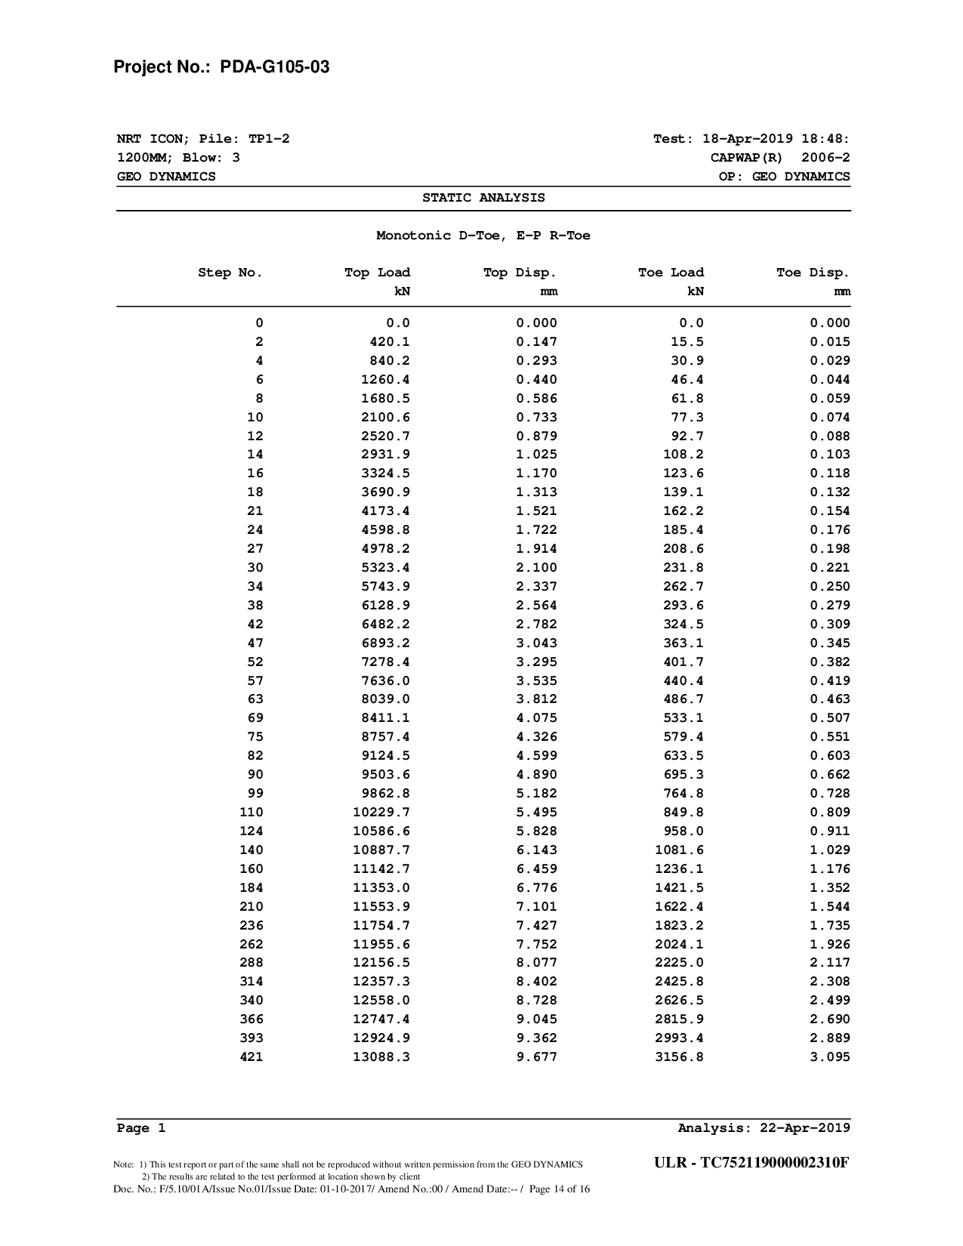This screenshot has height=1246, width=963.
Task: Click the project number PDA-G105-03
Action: click(274, 67)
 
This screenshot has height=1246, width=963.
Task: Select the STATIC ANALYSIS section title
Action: click(483, 198)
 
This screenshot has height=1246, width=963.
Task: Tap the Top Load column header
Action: click(377, 273)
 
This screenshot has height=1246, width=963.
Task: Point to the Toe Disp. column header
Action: click(813, 273)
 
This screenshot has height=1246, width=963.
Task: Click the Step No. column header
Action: click(230, 273)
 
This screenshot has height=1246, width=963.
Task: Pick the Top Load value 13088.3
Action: click(381, 1056)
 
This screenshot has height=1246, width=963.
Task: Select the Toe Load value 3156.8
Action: click(679, 1056)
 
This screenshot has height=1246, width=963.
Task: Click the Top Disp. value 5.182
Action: click(536, 793)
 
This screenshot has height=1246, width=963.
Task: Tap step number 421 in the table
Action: click(252, 1056)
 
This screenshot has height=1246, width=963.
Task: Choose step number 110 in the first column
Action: click(252, 812)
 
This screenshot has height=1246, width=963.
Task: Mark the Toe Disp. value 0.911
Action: click(830, 831)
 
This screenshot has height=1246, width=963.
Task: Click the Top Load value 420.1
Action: click(390, 341)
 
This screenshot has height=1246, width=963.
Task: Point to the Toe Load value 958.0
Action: click(684, 831)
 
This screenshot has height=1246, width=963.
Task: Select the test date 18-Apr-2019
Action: click(747, 139)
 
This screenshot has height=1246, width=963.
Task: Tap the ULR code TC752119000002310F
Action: click(775, 1162)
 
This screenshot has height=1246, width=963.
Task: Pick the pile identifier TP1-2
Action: click(269, 139)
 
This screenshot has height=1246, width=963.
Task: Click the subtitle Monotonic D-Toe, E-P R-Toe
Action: click(483, 236)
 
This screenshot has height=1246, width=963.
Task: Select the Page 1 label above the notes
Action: click(140, 1128)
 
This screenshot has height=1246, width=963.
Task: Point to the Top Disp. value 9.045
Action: click(536, 1019)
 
